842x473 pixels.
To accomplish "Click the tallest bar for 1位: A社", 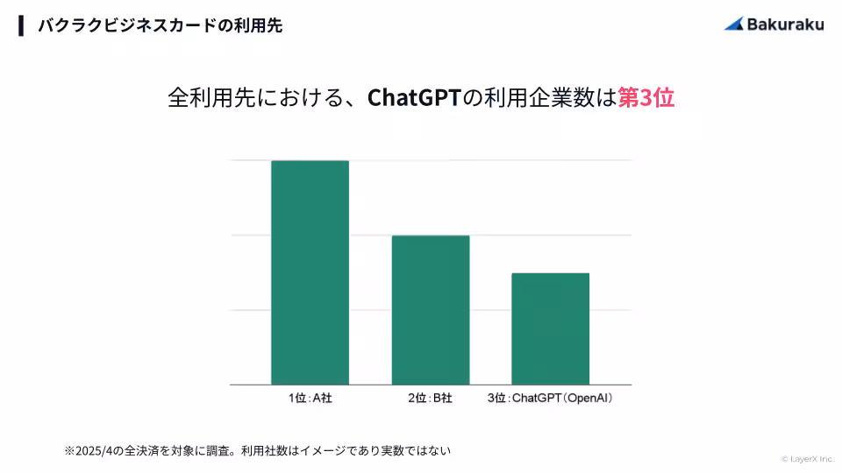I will [310, 272].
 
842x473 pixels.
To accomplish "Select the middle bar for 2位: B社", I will [430, 310].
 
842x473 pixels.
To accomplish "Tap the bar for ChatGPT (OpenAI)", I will [550, 328].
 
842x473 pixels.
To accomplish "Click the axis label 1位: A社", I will [310, 399].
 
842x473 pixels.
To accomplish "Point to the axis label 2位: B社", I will [430, 399].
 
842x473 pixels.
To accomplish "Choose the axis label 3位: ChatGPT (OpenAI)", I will [550, 399].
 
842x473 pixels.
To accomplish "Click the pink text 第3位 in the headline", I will [646, 97].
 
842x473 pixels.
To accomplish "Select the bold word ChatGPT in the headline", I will [413, 97].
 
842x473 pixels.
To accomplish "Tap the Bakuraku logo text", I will [785, 25].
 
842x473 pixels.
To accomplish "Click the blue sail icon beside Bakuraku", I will [734, 24].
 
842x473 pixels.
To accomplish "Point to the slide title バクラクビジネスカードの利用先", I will [160, 25].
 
